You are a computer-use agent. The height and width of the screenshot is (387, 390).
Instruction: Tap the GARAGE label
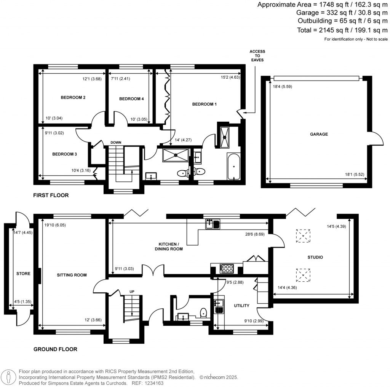coord(319,134)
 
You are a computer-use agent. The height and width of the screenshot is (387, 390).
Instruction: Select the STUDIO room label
coord(315,257)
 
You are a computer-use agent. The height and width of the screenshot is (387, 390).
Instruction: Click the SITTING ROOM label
coord(72,275)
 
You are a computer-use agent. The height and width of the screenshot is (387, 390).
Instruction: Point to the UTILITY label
coord(241,306)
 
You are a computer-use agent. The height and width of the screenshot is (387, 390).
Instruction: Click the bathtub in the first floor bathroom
coord(233,167)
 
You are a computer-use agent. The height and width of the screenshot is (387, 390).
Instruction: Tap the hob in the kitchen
coord(227,268)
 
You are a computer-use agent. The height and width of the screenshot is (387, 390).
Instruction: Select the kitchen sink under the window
coord(213,224)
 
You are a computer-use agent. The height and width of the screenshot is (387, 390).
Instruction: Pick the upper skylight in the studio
coord(303,236)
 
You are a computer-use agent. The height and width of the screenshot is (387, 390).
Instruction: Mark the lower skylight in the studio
coord(303,274)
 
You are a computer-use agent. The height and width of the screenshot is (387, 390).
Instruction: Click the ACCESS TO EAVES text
coord(257,56)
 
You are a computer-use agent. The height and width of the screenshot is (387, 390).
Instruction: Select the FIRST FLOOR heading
coord(51,195)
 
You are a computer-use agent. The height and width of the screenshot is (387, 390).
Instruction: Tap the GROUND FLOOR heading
coord(55,349)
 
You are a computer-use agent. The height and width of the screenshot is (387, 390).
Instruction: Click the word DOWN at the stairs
coord(116,143)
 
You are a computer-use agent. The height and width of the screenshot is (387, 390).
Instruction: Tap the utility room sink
coord(219,303)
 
